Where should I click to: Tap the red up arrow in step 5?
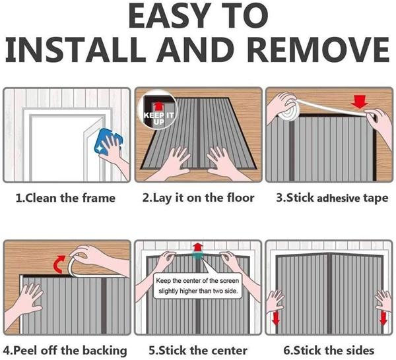tap(198, 249)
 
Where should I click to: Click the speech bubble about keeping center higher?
tap(198, 288)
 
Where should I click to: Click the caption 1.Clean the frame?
tap(65, 198)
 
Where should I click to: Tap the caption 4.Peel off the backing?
tap(65, 350)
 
